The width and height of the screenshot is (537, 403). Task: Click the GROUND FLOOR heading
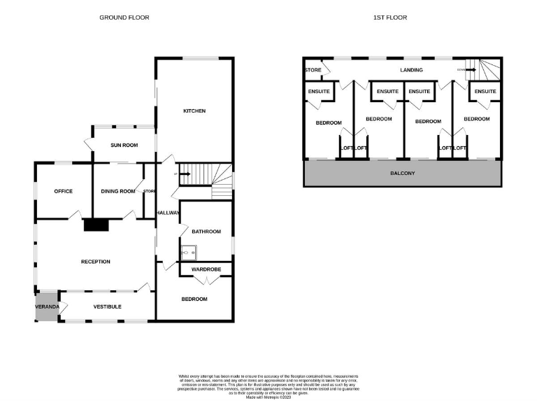124,17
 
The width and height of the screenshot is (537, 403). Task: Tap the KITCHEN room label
194,111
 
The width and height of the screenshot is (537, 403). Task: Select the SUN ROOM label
124,145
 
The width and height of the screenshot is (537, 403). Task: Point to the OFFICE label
64,191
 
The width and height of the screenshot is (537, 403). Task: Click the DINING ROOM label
117,191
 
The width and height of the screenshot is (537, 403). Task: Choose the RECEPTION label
96,262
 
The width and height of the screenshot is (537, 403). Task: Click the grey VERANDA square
48,307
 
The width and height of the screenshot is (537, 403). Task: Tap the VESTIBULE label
108,306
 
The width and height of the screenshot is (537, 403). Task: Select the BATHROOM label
207,232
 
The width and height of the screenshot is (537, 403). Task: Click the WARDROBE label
207,269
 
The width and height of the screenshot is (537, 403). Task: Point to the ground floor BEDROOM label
194,299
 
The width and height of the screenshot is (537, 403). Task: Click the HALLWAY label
168,213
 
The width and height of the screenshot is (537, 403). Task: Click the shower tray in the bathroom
188,251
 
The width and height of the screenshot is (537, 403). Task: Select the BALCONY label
402,173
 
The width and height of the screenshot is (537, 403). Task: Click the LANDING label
411,70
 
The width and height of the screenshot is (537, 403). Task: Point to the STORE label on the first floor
313,70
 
